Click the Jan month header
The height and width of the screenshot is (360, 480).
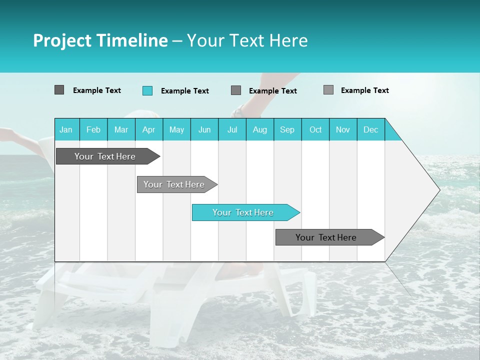tap(66, 129)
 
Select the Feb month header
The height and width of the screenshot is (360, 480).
tap(93, 129)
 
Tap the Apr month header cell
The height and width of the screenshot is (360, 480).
tap(149, 129)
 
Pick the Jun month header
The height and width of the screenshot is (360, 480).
tap(204, 129)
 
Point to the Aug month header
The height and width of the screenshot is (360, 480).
tap(260, 129)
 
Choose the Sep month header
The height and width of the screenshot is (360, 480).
tap(287, 129)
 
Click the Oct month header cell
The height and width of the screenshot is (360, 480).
tap(315, 129)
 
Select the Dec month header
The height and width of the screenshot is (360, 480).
tap(371, 129)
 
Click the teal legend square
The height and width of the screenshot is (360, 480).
tap(147, 90)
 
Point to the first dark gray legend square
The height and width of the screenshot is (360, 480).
tap(59, 90)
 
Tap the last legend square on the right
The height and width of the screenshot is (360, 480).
tap(328, 90)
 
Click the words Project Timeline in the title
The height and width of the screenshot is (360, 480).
tap(100, 40)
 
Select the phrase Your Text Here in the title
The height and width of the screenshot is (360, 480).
tap(247, 40)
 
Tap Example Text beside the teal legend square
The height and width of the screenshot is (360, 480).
tap(185, 91)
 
